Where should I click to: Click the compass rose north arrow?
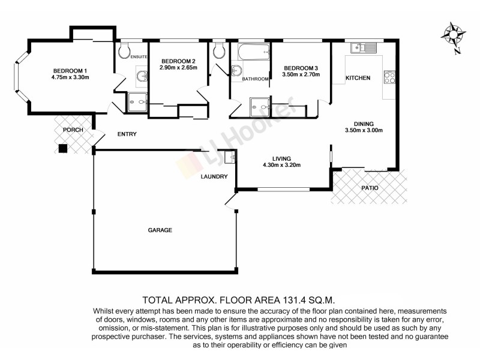[454, 34]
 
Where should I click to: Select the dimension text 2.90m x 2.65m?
[178, 69]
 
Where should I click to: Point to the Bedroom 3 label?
[301, 68]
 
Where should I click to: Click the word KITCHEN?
[358, 79]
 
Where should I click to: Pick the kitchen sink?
[364, 47]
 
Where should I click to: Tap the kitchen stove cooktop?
[389, 77]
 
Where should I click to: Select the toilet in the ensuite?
[124, 52]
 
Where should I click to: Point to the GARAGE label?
[160, 230]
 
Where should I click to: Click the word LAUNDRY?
[214, 176]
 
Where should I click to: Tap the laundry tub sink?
[229, 158]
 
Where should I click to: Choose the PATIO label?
[370, 188]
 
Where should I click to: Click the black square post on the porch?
[62, 149]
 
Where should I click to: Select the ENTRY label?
[127, 134]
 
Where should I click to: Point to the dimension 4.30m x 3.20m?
[281, 165]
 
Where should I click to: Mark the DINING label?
[364, 123]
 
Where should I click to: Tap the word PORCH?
[73, 130]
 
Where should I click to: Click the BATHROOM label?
[255, 79]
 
